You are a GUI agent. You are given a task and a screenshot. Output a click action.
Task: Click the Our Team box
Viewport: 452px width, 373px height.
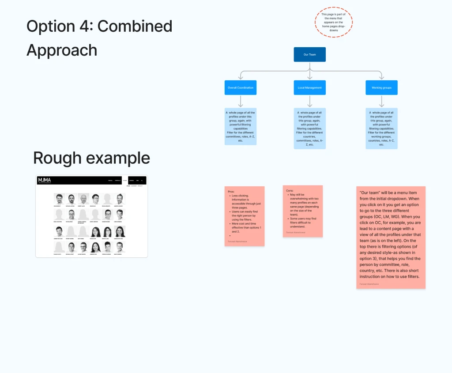(309, 54)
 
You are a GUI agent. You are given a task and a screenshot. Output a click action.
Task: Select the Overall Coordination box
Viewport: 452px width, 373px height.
(241, 87)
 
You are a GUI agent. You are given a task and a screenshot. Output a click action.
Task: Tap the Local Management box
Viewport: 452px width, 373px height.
(309, 87)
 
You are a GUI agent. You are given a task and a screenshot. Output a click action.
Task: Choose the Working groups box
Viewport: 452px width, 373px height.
(381, 87)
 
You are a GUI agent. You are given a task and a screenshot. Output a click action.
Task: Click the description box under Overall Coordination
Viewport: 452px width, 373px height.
(241, 126)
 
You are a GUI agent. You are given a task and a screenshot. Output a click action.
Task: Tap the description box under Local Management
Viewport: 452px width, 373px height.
(309, 128)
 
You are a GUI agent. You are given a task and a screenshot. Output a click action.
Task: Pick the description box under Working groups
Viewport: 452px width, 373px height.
(381, 128)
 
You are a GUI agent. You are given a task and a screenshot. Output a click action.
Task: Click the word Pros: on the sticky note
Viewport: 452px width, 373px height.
(231, 192)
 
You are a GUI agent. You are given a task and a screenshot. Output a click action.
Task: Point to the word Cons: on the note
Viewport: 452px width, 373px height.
(290, 191)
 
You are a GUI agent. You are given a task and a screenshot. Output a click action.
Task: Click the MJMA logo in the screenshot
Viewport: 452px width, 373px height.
(45, 180)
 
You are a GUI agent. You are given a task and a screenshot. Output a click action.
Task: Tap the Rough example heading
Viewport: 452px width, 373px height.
(91, 158)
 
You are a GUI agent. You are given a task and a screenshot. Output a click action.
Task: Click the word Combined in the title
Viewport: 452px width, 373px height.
(135, 26)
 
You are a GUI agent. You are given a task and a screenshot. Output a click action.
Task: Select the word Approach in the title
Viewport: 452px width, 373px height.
(62, 50)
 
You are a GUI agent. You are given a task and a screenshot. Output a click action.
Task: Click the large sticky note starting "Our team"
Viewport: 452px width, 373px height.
(391, 237)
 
